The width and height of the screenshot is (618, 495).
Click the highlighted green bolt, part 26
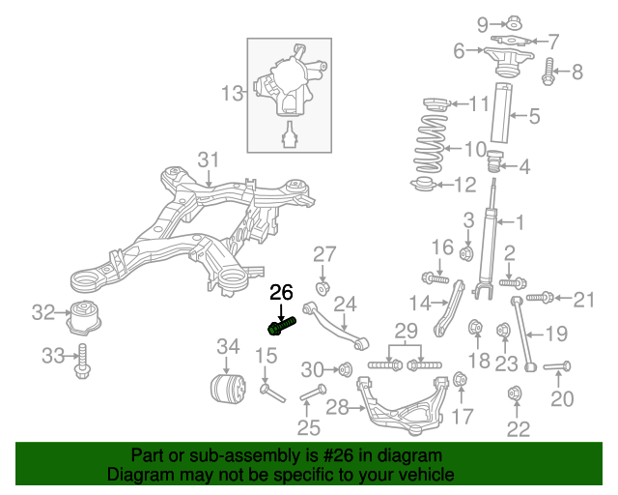[x=281, y=328]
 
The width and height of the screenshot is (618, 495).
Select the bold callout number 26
[x=280, y=292]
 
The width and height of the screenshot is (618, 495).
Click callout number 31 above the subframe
[x=209, y=159]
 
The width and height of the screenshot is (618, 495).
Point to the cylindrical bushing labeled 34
[x=227, y=388]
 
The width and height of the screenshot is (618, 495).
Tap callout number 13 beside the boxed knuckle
[x=233, y=94]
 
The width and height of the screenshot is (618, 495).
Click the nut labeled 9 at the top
[x=514, y=21]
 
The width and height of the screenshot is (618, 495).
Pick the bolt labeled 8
[x=548, y=70]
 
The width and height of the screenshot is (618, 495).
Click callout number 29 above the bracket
[x=406, y=331]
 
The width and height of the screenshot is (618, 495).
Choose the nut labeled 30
[x=343, y=368]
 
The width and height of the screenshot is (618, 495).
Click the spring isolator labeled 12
[x=425, y=186]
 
